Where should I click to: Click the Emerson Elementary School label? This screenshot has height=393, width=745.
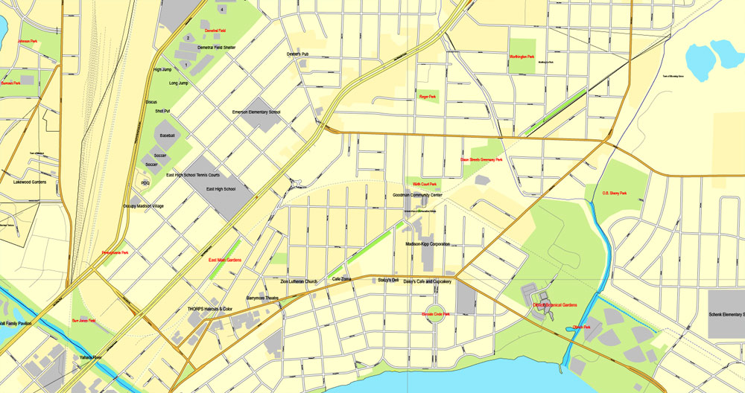256,112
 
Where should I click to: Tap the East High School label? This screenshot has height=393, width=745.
220,189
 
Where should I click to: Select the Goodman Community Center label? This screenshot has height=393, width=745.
417,195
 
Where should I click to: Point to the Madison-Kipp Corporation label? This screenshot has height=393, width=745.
428,243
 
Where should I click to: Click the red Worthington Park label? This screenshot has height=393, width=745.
522,57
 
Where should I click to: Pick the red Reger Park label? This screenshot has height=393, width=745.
428,97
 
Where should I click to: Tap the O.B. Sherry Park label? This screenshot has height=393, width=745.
615,194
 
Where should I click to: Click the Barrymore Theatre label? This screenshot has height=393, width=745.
262,298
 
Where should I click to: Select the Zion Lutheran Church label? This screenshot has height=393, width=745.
299,281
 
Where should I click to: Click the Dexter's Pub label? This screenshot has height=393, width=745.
297,54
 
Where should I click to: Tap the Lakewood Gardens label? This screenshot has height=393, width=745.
35,181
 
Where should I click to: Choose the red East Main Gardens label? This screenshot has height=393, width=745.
225,260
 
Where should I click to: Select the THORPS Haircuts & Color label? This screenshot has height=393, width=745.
210,309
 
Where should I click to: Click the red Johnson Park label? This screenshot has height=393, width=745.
28,41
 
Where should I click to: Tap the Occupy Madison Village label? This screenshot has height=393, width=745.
144,205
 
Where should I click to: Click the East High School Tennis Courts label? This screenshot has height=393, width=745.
198,176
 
